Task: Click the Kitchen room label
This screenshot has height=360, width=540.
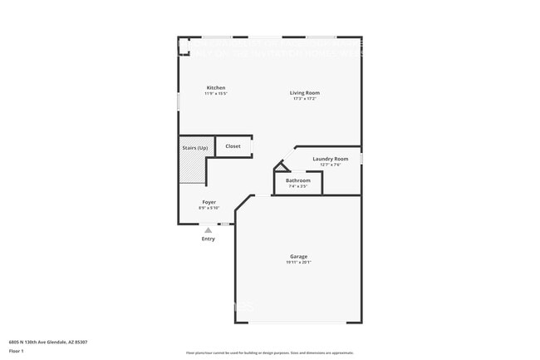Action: [216, 88]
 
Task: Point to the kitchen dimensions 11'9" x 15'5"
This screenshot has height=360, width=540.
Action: [216, 94]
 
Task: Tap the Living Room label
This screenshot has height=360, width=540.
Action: [305, 92]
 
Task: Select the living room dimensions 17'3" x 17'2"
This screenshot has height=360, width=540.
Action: [305, 99]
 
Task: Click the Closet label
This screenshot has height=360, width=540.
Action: [233, 146]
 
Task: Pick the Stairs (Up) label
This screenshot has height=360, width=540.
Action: [195, 147]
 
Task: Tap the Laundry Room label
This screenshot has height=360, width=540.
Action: [330, 159]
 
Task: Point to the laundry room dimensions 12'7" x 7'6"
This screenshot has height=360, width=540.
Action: [330, 165]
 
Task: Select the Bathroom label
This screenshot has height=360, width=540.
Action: [298, 180]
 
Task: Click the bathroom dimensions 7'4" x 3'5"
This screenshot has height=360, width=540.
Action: [298, 186]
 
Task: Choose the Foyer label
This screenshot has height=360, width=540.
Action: [209, 202]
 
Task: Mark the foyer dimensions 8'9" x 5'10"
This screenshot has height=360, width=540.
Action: [209, 208]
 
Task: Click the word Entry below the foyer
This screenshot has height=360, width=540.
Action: [209, 239]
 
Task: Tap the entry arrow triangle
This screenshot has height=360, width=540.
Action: [209, 230]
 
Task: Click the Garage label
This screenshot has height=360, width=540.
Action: [299, 257]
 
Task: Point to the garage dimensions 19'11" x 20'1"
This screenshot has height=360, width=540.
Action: [299, 263]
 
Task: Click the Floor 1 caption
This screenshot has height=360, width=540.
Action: [17, 351]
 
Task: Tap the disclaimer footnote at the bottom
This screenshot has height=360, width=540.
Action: [269, 353]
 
